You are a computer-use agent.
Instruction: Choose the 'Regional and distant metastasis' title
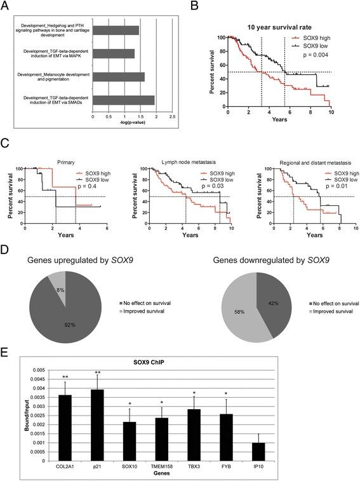coord(300,161)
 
